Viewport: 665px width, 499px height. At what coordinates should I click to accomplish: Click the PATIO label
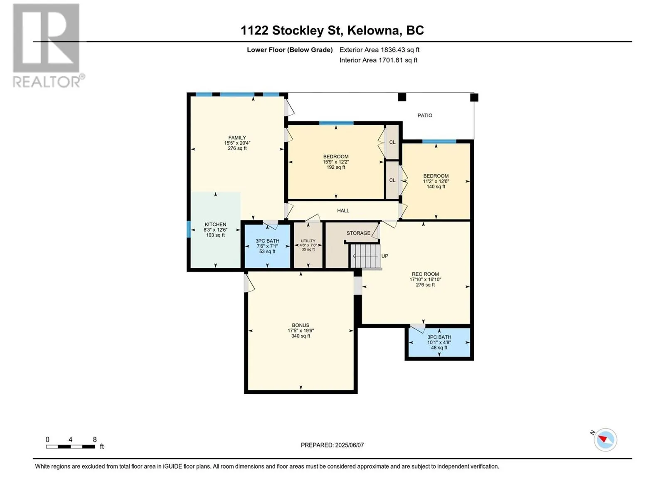pyautogui.click(x=424, y=116)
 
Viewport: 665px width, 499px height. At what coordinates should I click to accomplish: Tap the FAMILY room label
pyautogui.click(x=237, y=138)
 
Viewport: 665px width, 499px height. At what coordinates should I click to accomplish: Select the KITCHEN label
pyautogui.click(x=215, y=225)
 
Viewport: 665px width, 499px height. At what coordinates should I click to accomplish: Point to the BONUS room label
pyautogui.click(x=300, y=326)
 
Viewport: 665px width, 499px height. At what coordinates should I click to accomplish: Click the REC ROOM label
pyautogui.click(x=425, y=274)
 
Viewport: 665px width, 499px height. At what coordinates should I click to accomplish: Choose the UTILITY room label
pyautogui.click(x=308, y=241)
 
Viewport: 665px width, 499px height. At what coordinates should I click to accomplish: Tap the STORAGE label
pyautogui.click(x=358, y=233)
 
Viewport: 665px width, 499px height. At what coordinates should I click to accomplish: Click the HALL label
pyautogui.click(x=343, y=210)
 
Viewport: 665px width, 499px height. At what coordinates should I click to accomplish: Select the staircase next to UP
pyautogui.click(x=365, y=256)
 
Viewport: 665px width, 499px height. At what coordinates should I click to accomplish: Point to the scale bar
pyautogui.click(x=70, y=447)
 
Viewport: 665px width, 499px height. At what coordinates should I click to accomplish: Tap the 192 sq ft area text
pyautogui.click(x=336, y=167)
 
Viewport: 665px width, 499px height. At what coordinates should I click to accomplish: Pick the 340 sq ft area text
pyautogui.click(x=300, y=336)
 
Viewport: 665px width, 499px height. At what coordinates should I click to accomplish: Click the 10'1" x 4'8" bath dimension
pyautogui.click(x=439, y=342)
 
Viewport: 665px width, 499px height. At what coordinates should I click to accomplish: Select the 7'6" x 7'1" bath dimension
pyautogui.click(x=267, y=246)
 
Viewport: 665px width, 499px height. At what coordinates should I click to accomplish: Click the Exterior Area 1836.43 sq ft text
pyautogui.click(x=379, y=50)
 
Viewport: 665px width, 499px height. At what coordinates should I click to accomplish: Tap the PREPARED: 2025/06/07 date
pyautogui.click(x=332, y=445)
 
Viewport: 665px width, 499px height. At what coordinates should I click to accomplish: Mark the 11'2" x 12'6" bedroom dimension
pyautogui.click(x=436, y=181)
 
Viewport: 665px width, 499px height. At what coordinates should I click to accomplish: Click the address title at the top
pyautogui.click(x=332, y=30)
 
